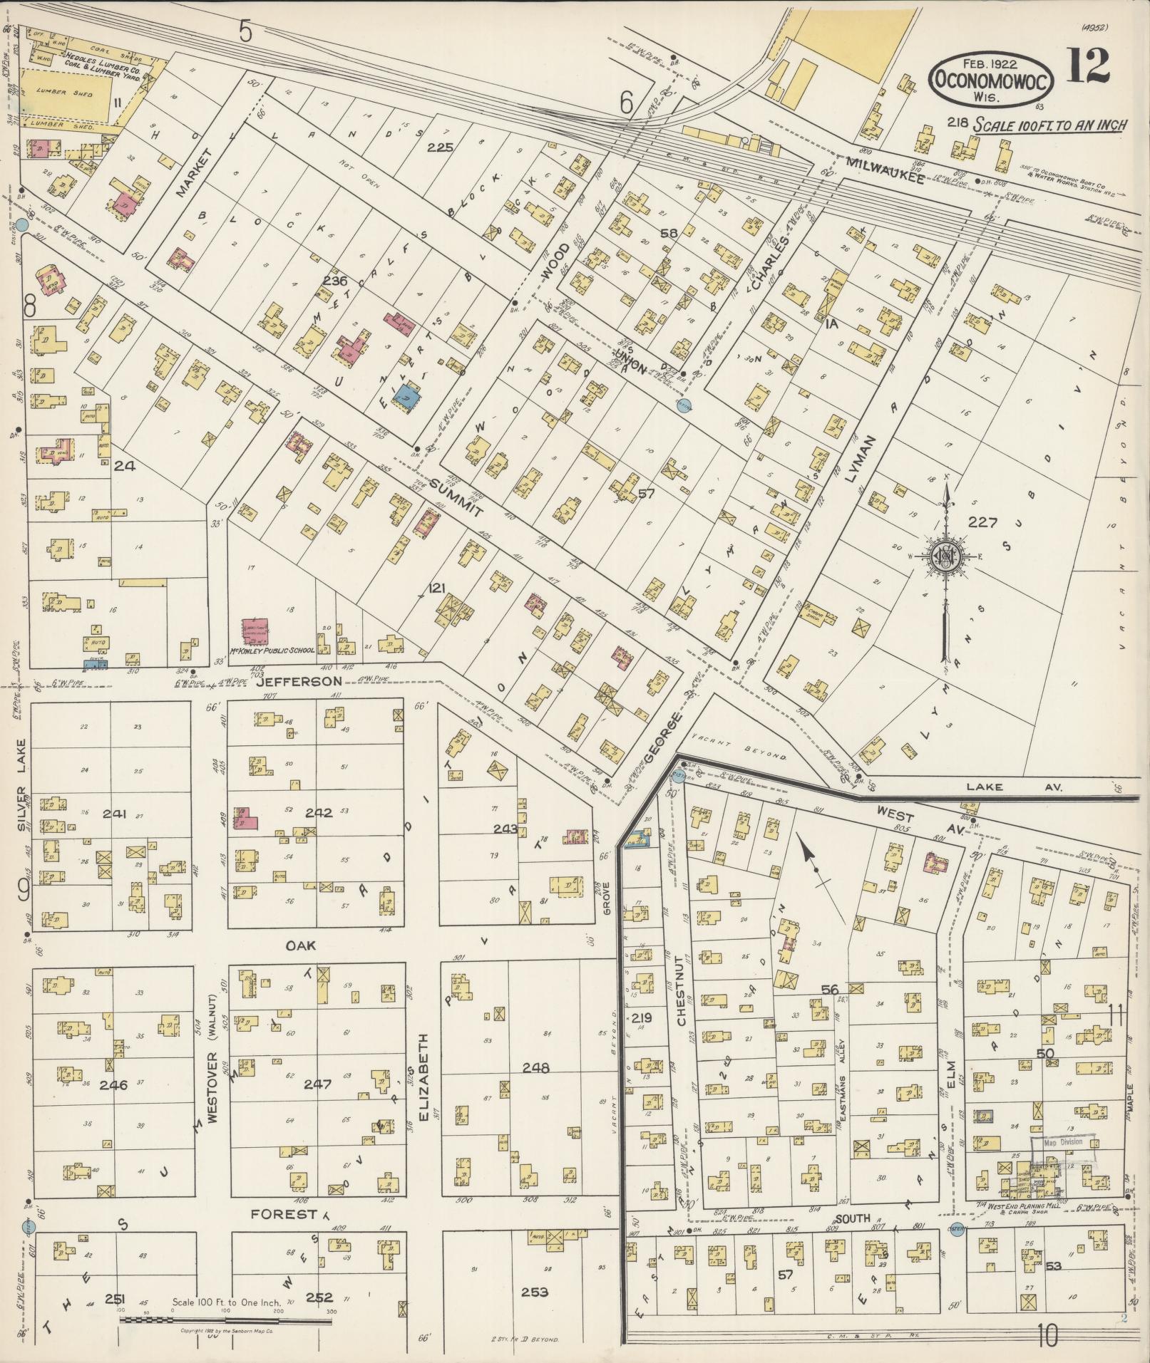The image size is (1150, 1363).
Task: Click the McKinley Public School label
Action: pyautogui.click(x=273, y=651)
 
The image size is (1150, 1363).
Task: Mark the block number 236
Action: pyautogui.click(x=334, y=281)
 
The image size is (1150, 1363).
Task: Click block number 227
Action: pyautogui.click(x=982, y=522)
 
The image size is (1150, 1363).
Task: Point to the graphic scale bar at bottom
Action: pyautogui.click(x=227, y=1320)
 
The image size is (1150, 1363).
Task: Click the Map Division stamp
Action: pyautogui.click(x=1063, y=1142)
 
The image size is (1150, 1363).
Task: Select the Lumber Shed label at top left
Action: pyautogui.click(x=69, y=94)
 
